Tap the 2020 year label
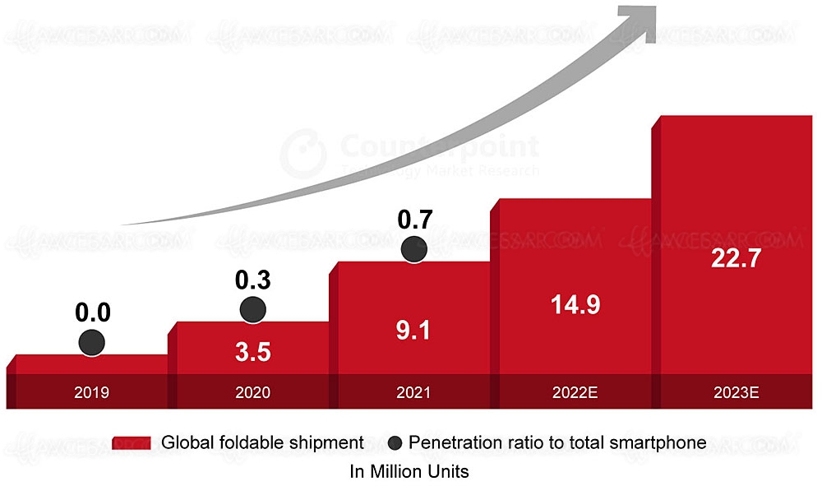tap(252, 392)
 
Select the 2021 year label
tap(413, 392)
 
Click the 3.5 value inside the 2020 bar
tap(252, 351)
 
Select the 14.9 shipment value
tap(575, 304)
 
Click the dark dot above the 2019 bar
tap(91, 343)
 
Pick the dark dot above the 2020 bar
tap(252, 309)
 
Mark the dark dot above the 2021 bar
tap(413, 250)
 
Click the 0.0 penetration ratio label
tap(93, 313)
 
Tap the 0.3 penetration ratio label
tap(253, 280)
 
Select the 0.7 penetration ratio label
tap(415, 220)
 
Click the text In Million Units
tap(409, 472)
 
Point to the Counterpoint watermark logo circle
tap(303, 152)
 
